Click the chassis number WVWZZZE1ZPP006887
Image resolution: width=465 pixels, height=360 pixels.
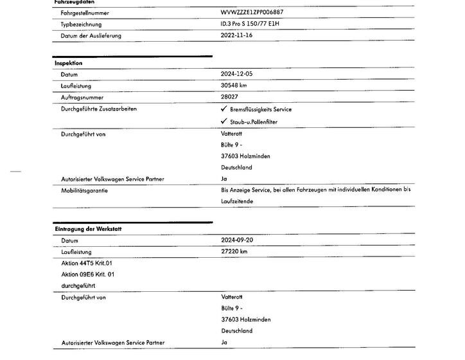click(251, 12)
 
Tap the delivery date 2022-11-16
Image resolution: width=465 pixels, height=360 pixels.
click(236, 35)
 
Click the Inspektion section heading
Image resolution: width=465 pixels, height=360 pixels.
click(68, 64)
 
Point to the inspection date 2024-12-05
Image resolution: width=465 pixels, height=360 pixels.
click(236, 75)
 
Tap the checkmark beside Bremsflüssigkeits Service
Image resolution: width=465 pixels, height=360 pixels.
click(224, 109)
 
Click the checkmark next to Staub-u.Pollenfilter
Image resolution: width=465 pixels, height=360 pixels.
click(224, 121)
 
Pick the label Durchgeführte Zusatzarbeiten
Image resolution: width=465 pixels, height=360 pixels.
click(98, 109)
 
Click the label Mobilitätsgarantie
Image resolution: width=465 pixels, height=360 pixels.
click(84, 190)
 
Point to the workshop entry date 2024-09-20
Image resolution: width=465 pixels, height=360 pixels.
click(237, 240)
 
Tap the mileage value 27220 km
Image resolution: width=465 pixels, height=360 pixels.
click(234, 251)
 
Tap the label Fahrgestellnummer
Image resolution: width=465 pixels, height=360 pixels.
click(84, 12)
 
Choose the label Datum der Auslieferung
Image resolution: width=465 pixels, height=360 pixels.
click(91, 35)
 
